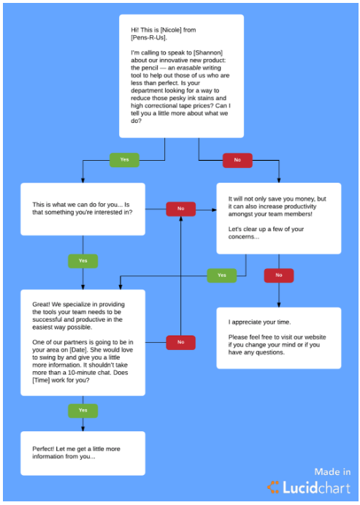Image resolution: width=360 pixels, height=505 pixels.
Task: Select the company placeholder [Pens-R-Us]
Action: click(148, 38)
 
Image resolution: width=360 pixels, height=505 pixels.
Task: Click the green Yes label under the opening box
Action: click(125, 160)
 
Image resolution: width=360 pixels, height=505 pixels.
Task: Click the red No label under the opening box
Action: click(237, 160)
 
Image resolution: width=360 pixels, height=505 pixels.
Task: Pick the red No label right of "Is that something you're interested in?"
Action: click(181, 209)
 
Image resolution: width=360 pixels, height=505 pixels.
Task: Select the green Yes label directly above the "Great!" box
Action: click(83, 261)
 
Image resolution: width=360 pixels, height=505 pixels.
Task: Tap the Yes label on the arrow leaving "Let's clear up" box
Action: click(222, 276)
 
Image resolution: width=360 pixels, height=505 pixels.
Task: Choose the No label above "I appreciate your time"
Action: click(279, 276)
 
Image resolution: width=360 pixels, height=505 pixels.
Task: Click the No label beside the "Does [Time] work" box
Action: click(181, 342)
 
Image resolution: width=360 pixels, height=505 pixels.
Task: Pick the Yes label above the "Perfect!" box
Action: click(83, 411)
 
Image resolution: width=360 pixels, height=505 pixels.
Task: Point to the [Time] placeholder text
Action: click(41, 380)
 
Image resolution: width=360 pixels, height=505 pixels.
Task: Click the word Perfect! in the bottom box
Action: click(43, 449)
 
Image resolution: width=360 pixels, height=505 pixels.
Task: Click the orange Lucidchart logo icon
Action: click(273, 487)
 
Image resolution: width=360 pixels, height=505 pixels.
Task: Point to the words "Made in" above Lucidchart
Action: click(332, 472)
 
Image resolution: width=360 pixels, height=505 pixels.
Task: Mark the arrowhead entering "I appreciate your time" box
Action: click(279, 305)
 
